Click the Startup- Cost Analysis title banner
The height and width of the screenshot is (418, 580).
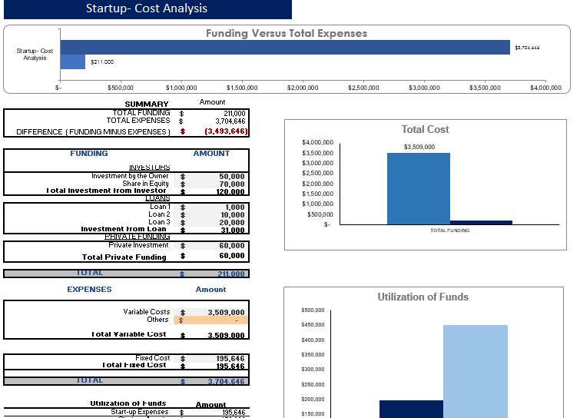click(147, 9)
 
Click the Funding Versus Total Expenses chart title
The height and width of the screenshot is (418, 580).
click(286, 33)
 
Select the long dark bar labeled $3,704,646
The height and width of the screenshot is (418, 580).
click(285, 47)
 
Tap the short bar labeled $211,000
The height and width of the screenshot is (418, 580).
click(73, 61)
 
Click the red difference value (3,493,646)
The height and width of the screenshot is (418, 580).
click(225, 131)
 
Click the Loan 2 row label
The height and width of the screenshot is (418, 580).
click(160, 215)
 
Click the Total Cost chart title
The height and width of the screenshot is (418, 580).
click(425, 129)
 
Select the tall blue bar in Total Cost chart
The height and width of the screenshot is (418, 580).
click(418, 188)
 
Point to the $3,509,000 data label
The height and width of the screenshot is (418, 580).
click(419, 147)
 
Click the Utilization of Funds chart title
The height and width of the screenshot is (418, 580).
click(423, 297)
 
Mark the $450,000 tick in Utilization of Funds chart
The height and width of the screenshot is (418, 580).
click(313, 325)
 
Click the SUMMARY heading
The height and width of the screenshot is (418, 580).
click(146, 104)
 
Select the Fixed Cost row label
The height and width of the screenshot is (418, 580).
click(152, 358)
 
